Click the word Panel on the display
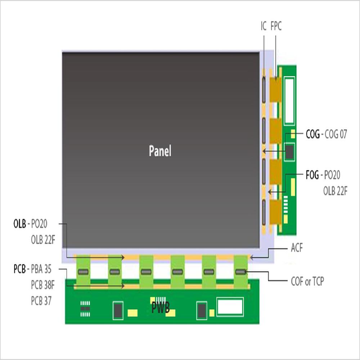click(x=160, y=151)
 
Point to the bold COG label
click(x=312, y=135)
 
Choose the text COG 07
click(x=336, y=135)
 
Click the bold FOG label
click(x=312, y=175)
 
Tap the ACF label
click(x=297, y=248)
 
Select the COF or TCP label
click(x=307, y=282)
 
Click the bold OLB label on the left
click(x=19, y=224)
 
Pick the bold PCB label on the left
click(x=19, y=269)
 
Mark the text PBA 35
click(x=41, y=269)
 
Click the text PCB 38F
click(x=42, y=285)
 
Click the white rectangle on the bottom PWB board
click(x=230, y=307)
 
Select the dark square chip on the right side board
click(x=290, y=152)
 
